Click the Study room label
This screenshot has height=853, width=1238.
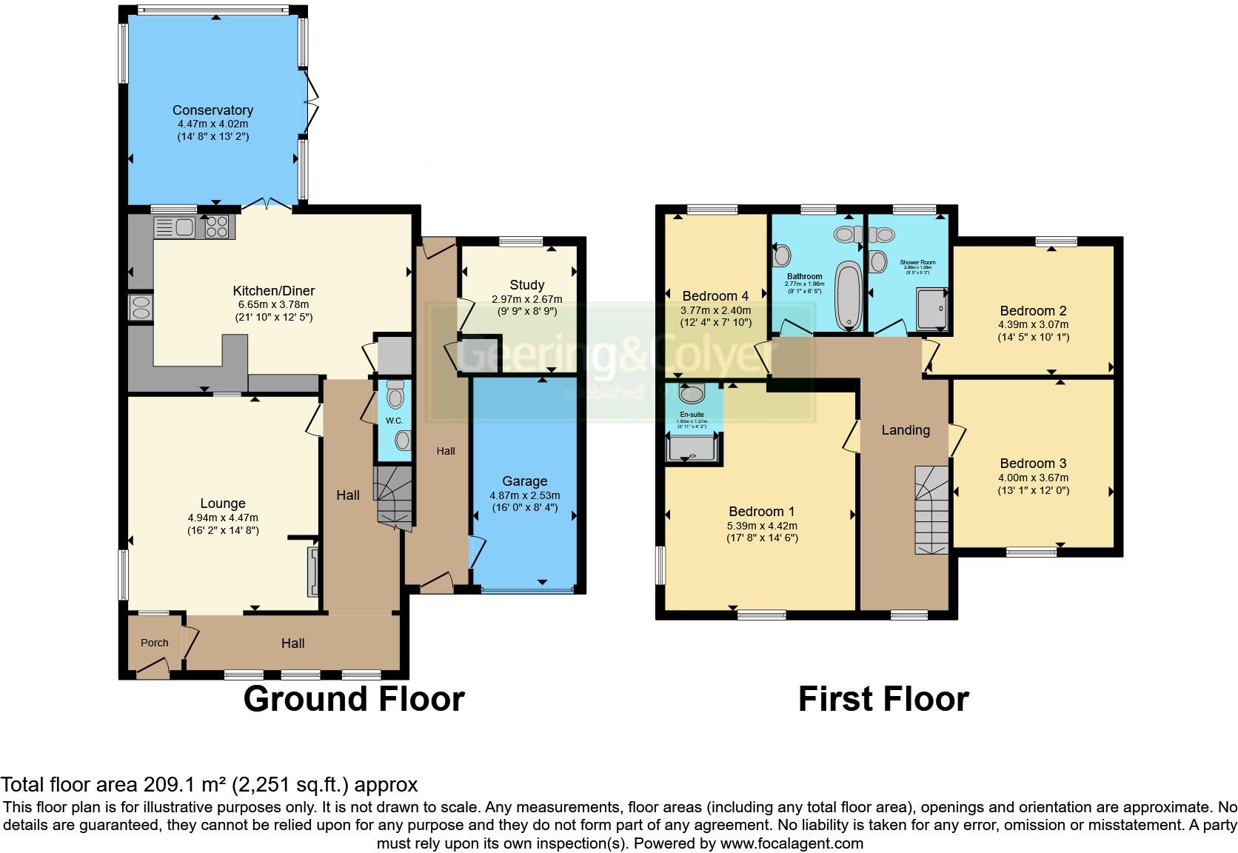pyautogui.click(x=526, y=285)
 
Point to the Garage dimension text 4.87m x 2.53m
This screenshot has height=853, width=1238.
pyautogui.click(x=524, y=495)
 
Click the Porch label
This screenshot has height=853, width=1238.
pyautogui.click(x=154, y=643)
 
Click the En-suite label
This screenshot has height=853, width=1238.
pyautogui.click(x=692, y=415)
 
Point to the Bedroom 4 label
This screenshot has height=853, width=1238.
pyautogui.click(x=710, y=296)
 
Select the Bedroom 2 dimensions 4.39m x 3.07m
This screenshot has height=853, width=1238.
pyautogui.click(x=1032, y=324)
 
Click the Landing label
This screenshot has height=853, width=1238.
pyautogui.click(x=905, y=430)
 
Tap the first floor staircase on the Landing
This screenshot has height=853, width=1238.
pyautogui.click(x=932, y=511)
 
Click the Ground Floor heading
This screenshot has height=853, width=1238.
pyautogui.click(x=353, y=699)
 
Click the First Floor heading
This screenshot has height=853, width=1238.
pyautogui.click(x=883, y=699)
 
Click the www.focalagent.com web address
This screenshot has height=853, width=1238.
pyautogui.click(x=792, y=843)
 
